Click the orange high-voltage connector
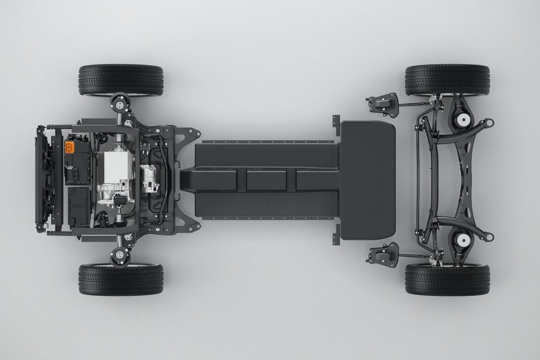71,147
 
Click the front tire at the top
121,80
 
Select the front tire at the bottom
121,279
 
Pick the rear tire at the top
447,80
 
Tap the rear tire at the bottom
447,279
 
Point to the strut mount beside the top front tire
120,105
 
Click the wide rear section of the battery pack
367,180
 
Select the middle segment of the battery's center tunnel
266,180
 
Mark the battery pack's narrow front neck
187,180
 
